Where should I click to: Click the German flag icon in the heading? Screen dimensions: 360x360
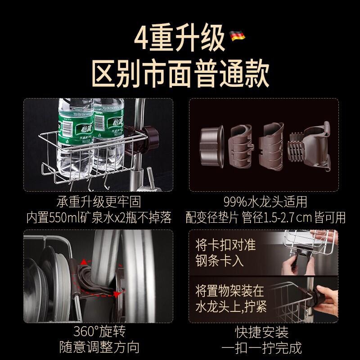pyautogui.click(x=237, y=36)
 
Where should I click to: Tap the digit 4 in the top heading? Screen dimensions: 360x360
pyautogui.click(x=140, y=38)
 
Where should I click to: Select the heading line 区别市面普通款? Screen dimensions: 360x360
pyautogui.click(x=180, y=72)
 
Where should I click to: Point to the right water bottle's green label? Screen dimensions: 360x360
pyautogui.click(x=109, y=124)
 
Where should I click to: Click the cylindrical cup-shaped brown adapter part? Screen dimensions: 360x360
pyautogui.click(x=211, y=145)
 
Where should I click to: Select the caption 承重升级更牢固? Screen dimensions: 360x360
pyautogui.click(x=99, y=202)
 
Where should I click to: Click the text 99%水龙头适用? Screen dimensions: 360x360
pyautogui.click(x=265, y=202)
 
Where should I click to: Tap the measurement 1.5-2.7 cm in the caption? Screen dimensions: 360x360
pyautogui.click(x=288, y=217)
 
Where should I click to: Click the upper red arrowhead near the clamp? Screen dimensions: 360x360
pyautogui.click(x=84, y=262)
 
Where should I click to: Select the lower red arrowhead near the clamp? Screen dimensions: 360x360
pyautogui.click(x=117, y=294)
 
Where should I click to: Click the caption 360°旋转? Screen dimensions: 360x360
pyautogui.click(x=99, y=331)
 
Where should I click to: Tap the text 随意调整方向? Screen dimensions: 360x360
pyautogui.click(x=99, y=347)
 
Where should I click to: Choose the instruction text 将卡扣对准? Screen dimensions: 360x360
pyautogui.click(x=226, y=245)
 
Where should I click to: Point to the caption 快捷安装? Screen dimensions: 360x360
pyautogui.click(x=261, y=331)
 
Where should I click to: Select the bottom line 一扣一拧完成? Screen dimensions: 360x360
pyautogui.click(x=261, y=347)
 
